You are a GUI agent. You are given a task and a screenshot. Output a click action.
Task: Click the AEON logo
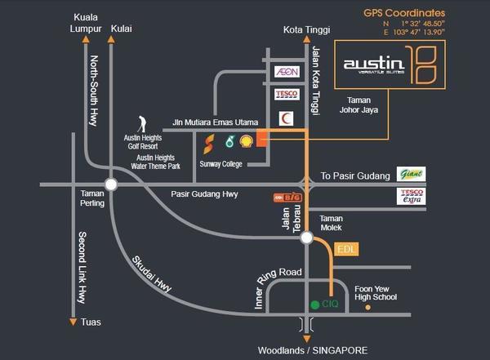286,72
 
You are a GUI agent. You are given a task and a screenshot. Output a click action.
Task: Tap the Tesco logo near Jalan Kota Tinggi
286,94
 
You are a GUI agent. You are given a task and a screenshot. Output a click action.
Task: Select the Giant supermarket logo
410,174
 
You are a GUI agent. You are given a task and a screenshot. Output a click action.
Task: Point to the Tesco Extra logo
410,196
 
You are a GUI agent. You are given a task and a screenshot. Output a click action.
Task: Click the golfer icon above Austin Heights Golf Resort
142,123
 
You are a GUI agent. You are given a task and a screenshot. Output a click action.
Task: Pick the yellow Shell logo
246,141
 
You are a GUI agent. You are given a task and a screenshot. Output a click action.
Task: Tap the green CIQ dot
314,304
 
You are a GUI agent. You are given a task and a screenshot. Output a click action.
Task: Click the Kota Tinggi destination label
307,30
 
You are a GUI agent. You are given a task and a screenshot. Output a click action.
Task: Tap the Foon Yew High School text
375,292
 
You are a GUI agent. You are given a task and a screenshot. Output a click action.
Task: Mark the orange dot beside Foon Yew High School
367,309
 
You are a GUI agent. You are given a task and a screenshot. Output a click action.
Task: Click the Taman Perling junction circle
111,185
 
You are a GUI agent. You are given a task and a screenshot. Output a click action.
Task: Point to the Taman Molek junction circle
306,238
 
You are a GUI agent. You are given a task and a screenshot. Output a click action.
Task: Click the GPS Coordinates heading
404,14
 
